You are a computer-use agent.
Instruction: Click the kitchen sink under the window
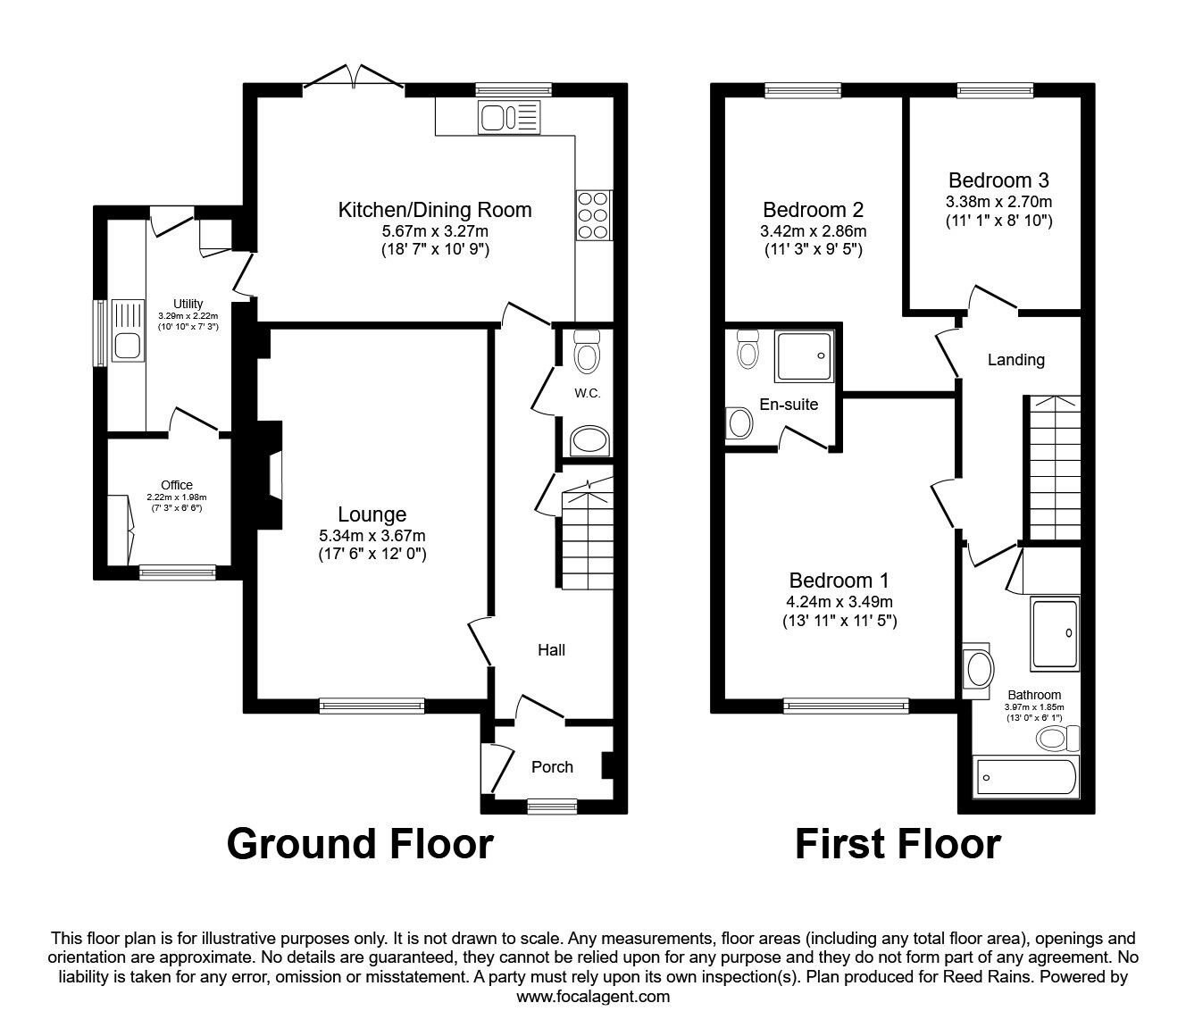click(x=508, y=117)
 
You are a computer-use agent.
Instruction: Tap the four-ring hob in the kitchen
click(x=594, y=215)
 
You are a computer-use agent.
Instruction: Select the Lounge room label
click(x=372, y=514)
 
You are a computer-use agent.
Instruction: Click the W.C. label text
click(x=587, y=393)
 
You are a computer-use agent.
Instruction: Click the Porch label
click(x=552, y=766)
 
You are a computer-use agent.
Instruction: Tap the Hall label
click(x=551, y=650)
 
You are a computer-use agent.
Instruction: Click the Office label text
click(x=177, y=485)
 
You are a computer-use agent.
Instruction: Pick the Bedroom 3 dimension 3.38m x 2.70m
click(x=999, y=201)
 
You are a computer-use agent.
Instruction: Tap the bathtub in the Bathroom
click(x=1027, y=777)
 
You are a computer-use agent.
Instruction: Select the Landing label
click(x=1015, y=360)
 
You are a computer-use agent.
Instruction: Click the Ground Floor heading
click(x=359, y=843)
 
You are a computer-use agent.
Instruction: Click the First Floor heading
click(x=898, y=843)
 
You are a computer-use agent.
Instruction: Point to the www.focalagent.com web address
click(x=593, y=997)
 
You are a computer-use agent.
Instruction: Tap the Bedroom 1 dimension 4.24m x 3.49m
click(x=839, y=600)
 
